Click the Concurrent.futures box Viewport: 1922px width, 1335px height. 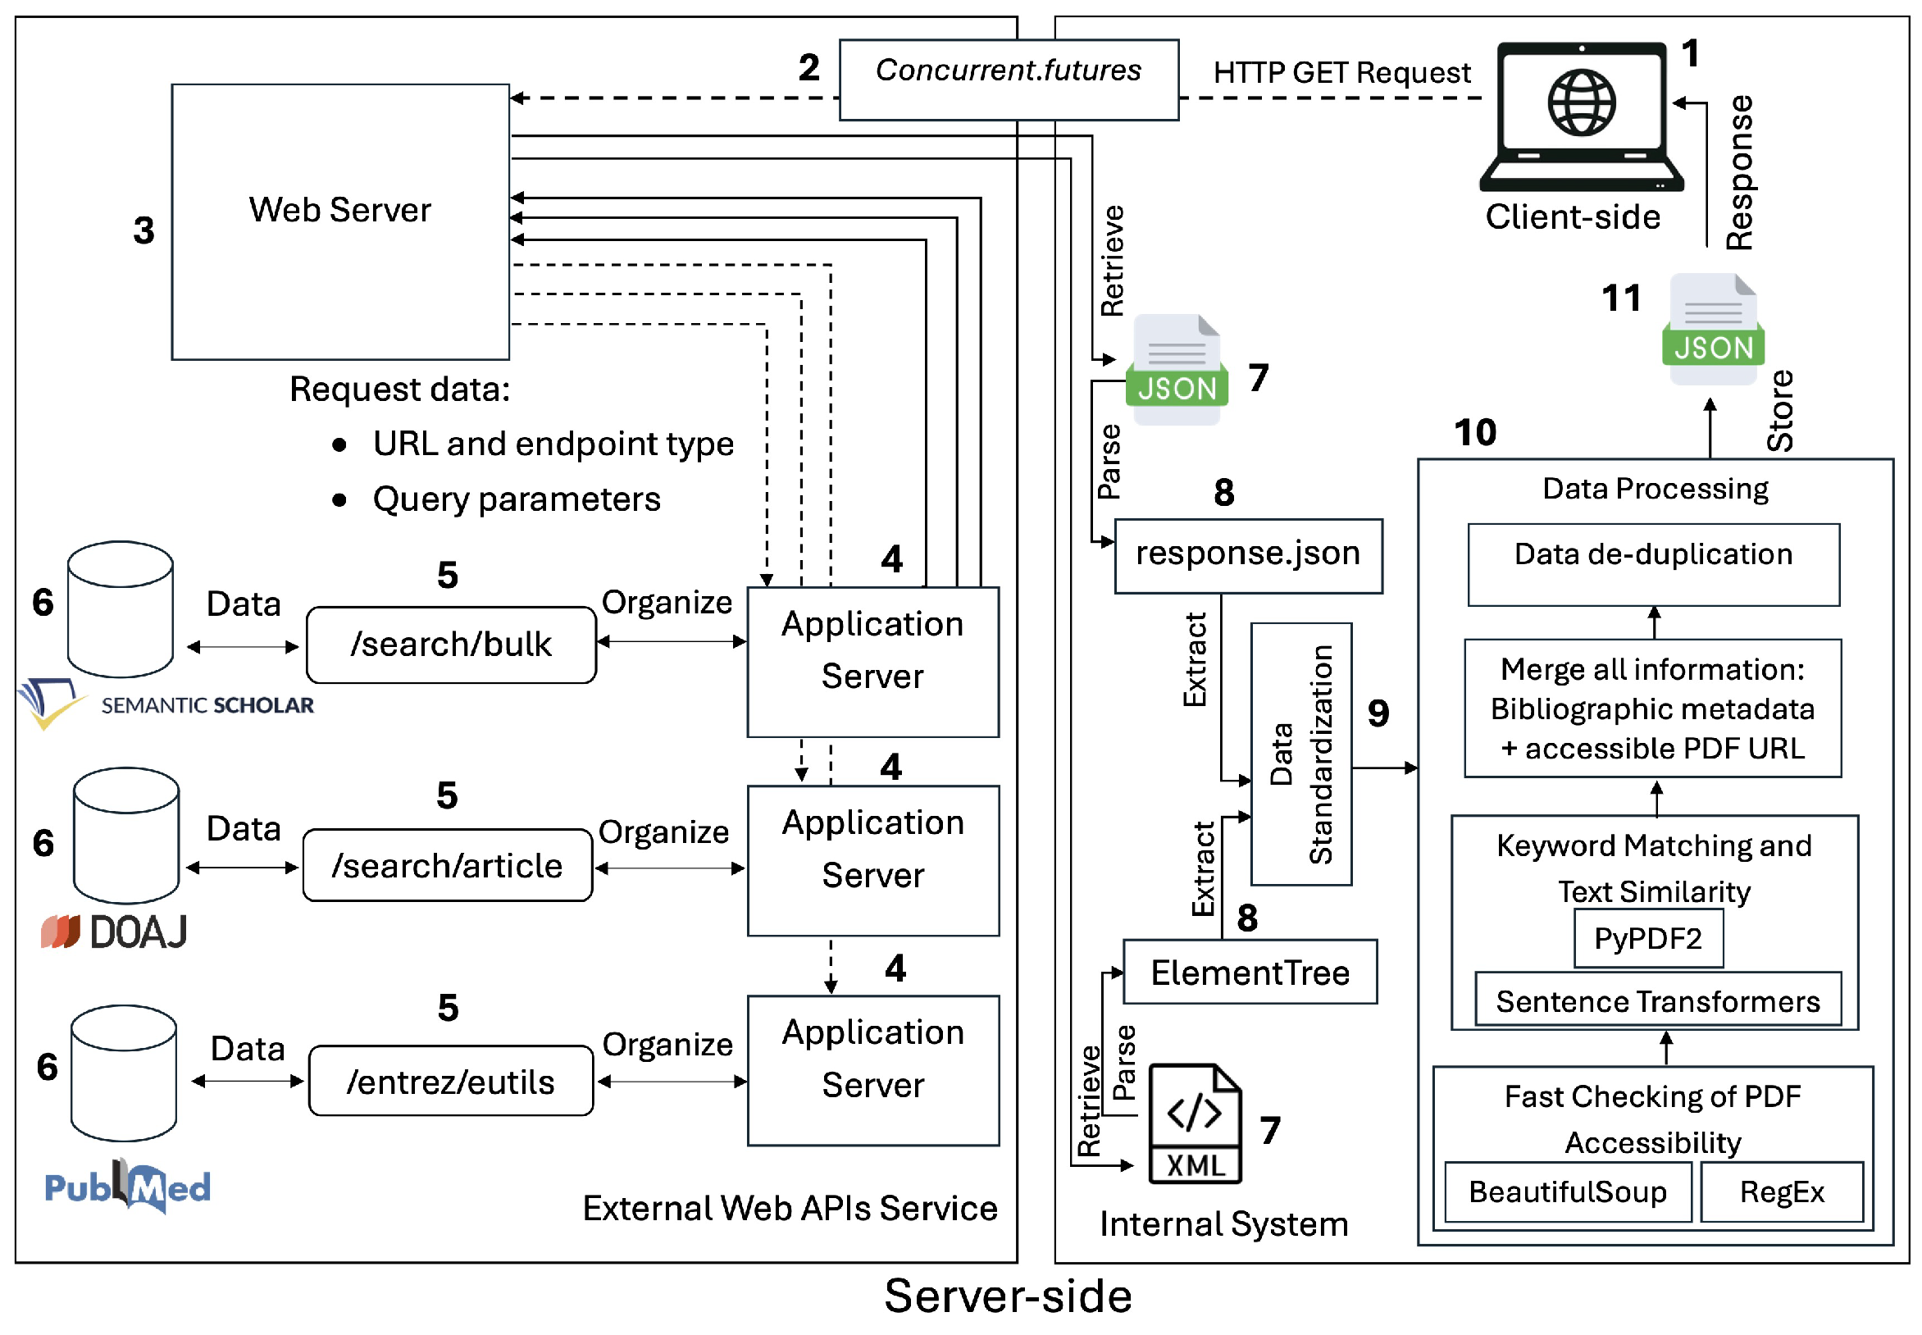tap(1008, 80)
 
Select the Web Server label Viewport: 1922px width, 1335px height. tap(339, 210)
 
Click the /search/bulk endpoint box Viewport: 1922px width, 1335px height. tap(451, 645)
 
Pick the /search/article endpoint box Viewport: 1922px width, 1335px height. tap(447, 866)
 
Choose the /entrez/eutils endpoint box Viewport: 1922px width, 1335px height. tap(450, 1082)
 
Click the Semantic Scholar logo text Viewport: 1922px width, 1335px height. tap(207, 705)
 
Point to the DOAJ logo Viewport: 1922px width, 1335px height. tap(114, 932)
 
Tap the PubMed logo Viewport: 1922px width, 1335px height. tap(127, 1186)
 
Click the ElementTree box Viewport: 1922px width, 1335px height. tap(1250, 972)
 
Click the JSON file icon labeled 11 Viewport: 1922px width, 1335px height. tap(1712, 330)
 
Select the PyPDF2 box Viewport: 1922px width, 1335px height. tap(1646, 938)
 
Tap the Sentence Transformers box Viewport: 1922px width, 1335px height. tap(1657, 1000)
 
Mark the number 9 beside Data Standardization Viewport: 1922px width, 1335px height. tap(1378, 713)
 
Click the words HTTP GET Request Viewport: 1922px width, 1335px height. tap(1341, 73)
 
